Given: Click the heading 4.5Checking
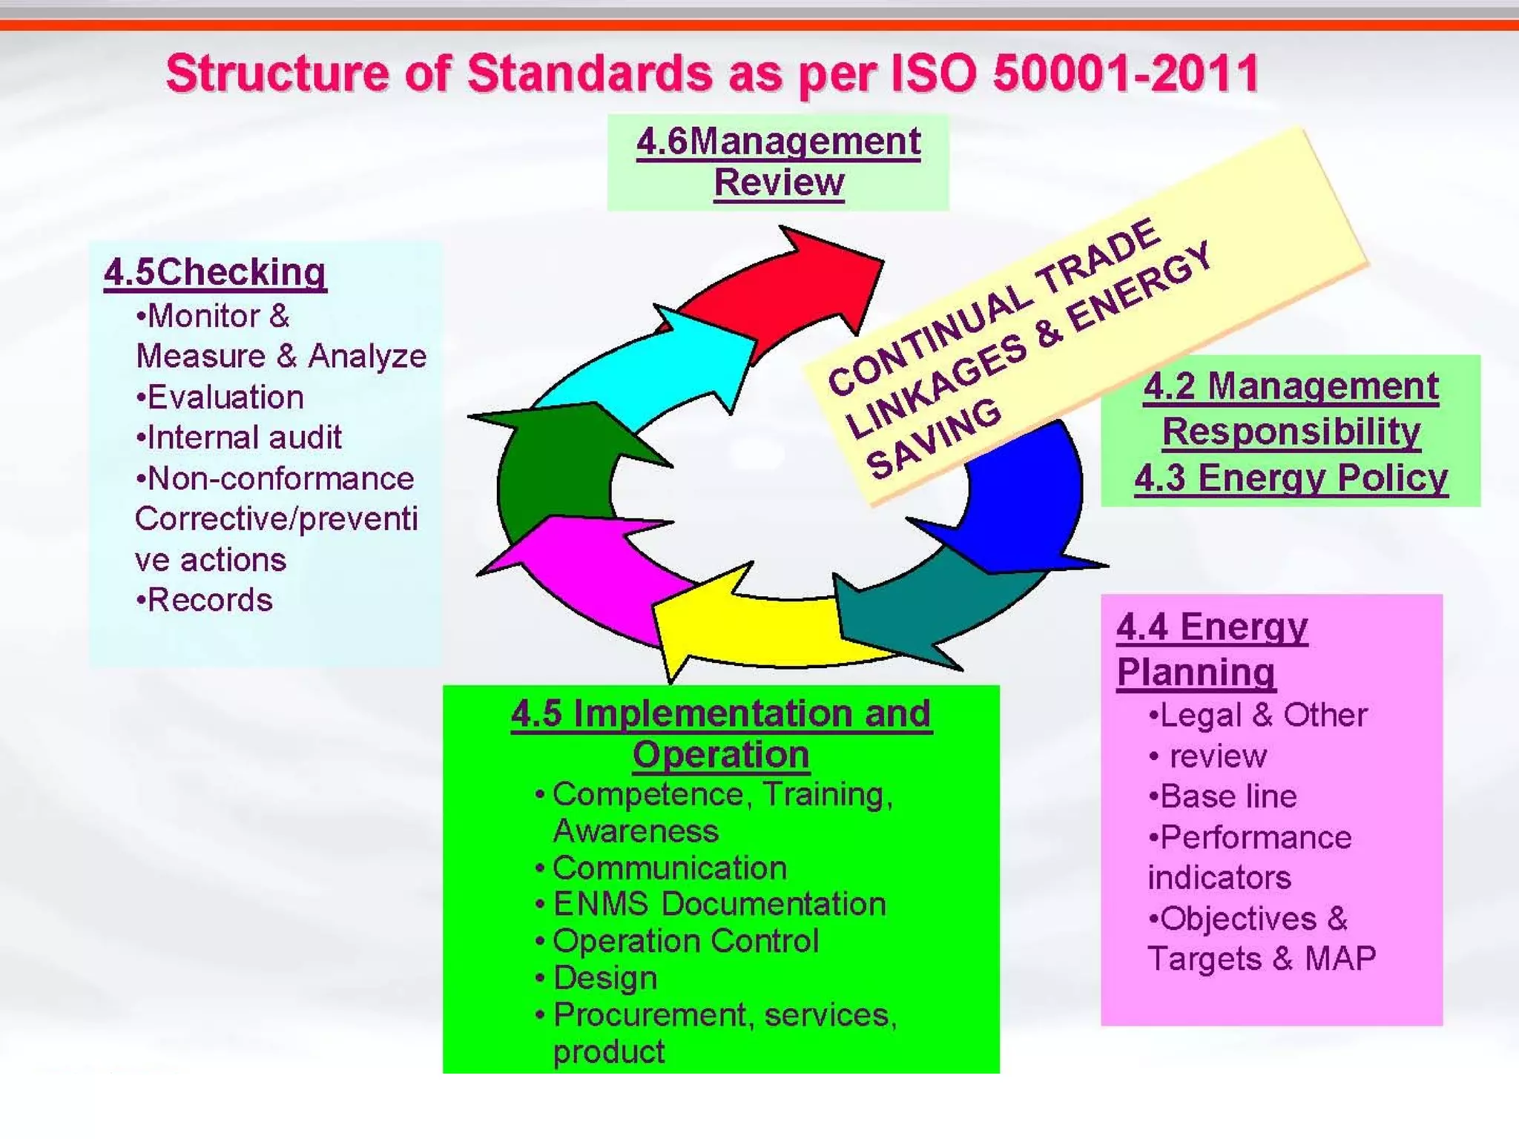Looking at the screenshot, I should (x=215, y=272).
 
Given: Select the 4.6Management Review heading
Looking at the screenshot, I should (x=778, y=162).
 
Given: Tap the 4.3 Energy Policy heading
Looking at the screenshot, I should (x=1291, y=478).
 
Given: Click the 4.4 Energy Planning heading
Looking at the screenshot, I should (x=1211, y=650).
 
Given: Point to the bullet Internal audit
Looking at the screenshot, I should (x=239, y=438).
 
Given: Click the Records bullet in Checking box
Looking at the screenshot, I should (x=205, y=600).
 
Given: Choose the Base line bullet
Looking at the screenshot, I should (x=1222, y=796).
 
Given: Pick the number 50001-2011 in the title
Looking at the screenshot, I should (x=1125, y=73).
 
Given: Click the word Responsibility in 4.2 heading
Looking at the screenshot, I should (x=1291, y=432).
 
